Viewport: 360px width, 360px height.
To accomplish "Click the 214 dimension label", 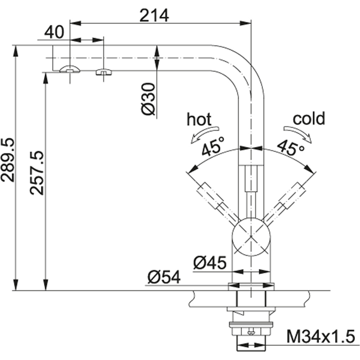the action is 154,15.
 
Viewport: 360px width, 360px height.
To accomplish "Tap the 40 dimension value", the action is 54,32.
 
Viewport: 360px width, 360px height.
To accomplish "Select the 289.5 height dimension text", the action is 8,160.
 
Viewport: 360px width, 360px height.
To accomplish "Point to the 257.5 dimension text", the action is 36,173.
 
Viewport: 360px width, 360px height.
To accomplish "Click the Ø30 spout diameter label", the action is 148,99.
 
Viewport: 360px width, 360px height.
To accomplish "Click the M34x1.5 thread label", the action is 321,337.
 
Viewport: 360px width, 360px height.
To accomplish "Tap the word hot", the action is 199,119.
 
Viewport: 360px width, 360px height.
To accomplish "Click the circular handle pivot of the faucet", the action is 251,237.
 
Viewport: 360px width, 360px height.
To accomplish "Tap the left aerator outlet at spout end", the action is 69,69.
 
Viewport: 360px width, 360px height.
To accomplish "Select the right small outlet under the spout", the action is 104,72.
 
